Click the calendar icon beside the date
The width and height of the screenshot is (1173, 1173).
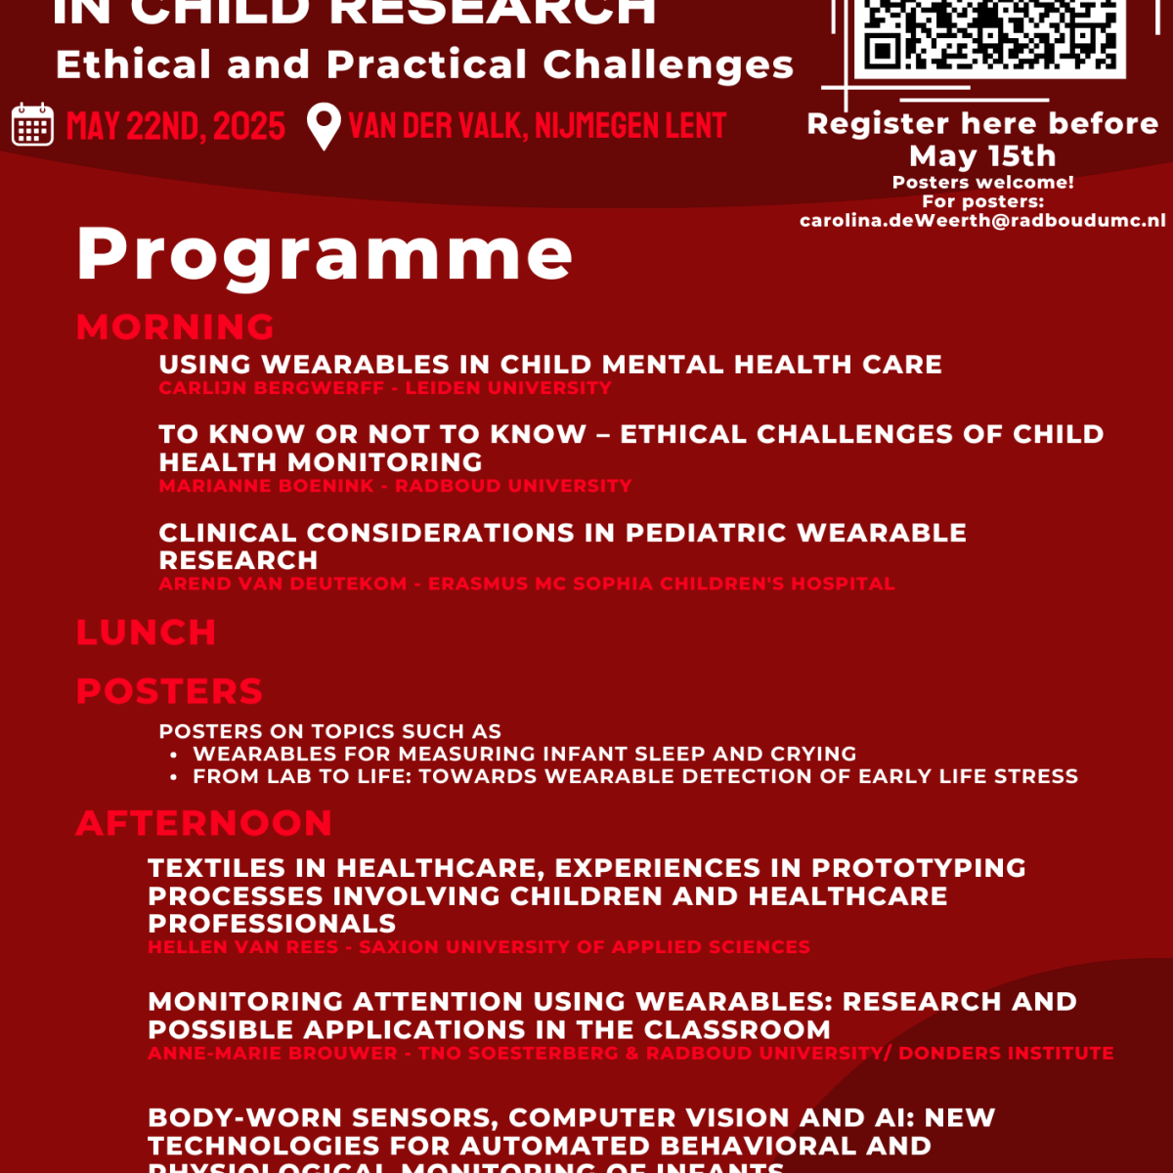pos(32,125)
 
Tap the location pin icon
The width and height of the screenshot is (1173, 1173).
pos(324,126)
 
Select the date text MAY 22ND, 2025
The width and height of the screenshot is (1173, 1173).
pos(176,126)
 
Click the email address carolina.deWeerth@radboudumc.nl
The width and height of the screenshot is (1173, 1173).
pos(982,221)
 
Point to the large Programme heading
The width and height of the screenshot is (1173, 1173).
pos(325,254)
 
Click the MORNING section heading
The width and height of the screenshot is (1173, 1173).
pos(175,326)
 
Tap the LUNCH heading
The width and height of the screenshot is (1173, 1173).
pos(146,632)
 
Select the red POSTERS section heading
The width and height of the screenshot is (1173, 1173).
pos(169,691)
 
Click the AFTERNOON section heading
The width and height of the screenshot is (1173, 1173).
pos(203,823)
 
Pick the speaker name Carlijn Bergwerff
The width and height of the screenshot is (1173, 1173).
pos(272,388)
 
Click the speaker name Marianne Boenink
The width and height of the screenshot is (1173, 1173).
pos(266,486)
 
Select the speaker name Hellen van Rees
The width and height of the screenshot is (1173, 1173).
pos(243,947)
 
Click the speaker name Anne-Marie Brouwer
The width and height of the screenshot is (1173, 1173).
pos(273,1054)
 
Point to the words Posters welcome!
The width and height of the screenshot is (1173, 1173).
pos(982,182)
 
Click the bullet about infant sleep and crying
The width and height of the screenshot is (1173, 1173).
pos(524,754)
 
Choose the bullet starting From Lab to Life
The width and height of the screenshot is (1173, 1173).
pos(635,776)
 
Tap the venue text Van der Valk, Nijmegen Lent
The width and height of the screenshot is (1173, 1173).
pos(538,126)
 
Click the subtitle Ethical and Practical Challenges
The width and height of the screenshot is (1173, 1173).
pos(424,65)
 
